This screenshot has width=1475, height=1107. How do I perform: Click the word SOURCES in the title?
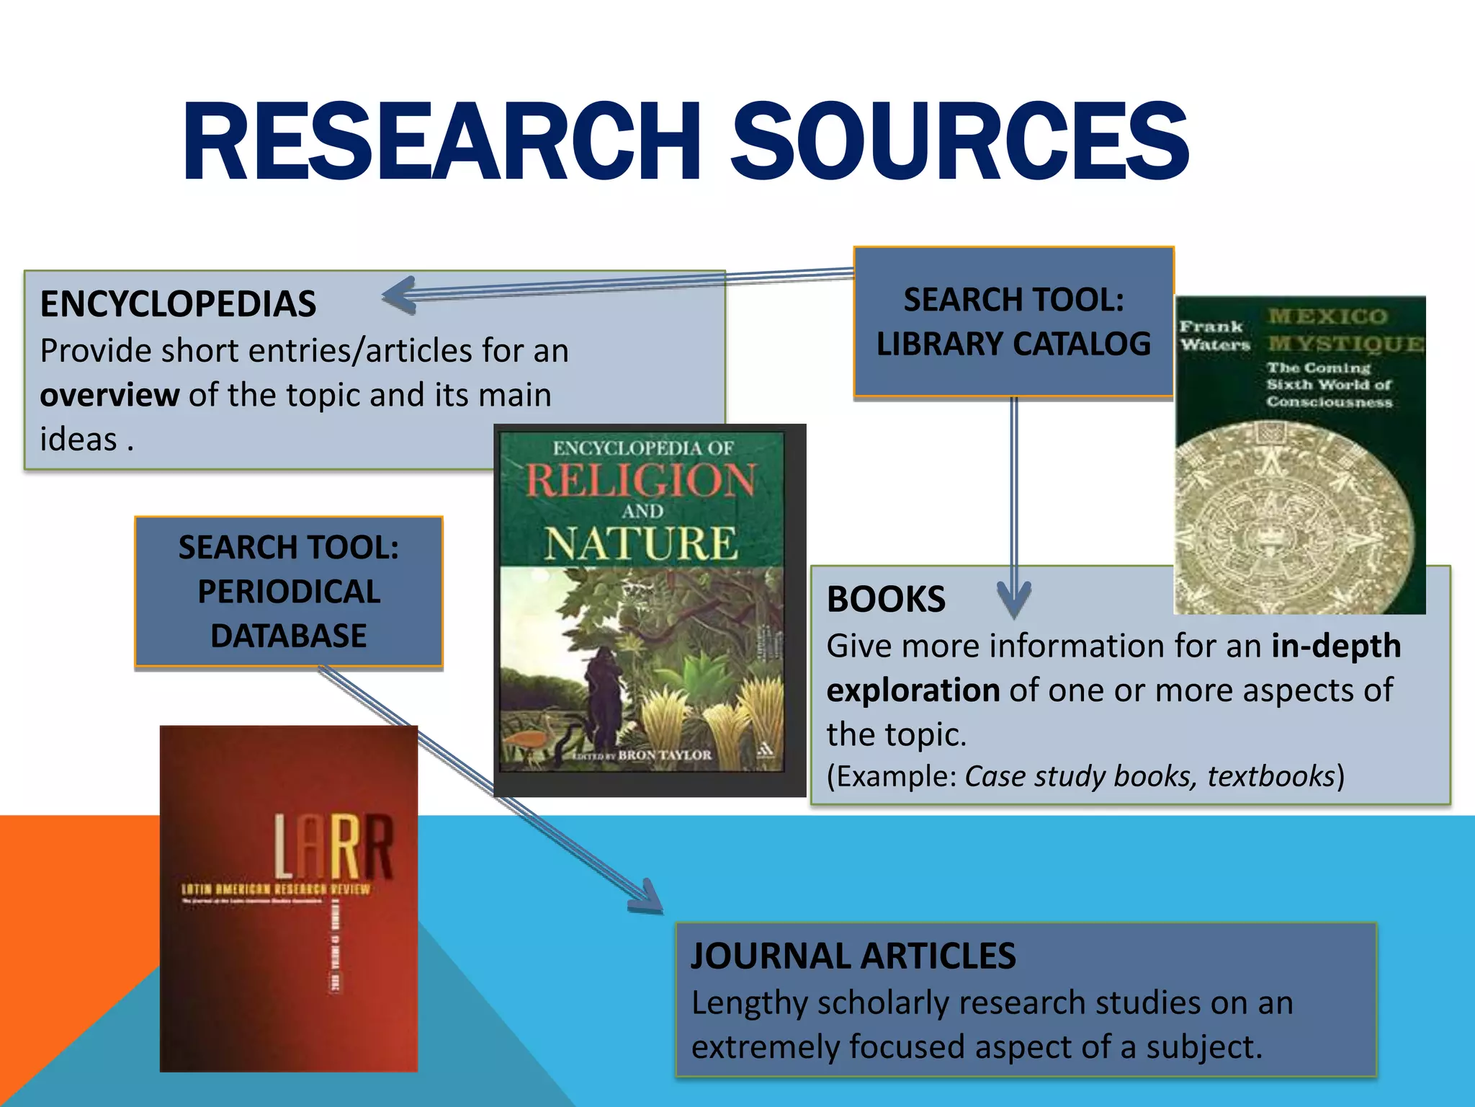click(x=959, y=141)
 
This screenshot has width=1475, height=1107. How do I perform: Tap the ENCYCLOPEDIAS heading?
click(x=178, y=303)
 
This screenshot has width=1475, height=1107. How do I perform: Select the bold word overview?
click(x=109, y=395)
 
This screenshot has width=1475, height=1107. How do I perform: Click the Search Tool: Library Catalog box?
click(x=1013, y=321)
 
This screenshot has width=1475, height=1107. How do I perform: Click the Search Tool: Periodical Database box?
click(x=288, y=592)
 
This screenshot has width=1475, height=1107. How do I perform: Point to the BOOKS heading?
click(x=886, y=599)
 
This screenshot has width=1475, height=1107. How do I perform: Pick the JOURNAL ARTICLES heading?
click(x=853, y=956)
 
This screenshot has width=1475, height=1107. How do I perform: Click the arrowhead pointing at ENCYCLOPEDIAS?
click(x=398, y=295)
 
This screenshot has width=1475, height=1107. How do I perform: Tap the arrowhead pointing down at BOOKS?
click(x=1014, y=600)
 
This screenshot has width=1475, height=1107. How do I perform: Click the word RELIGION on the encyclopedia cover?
click(x=641, y=481)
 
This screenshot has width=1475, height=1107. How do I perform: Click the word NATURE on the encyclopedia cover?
click(x=641, y=543)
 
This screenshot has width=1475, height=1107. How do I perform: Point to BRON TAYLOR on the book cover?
click(x=664, y=755)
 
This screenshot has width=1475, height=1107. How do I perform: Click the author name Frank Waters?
click(x=1214, y=336)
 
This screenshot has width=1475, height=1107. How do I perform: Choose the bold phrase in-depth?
click(x=1336, y=646)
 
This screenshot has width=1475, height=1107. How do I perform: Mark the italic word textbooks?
click(x=1271, y=776)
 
